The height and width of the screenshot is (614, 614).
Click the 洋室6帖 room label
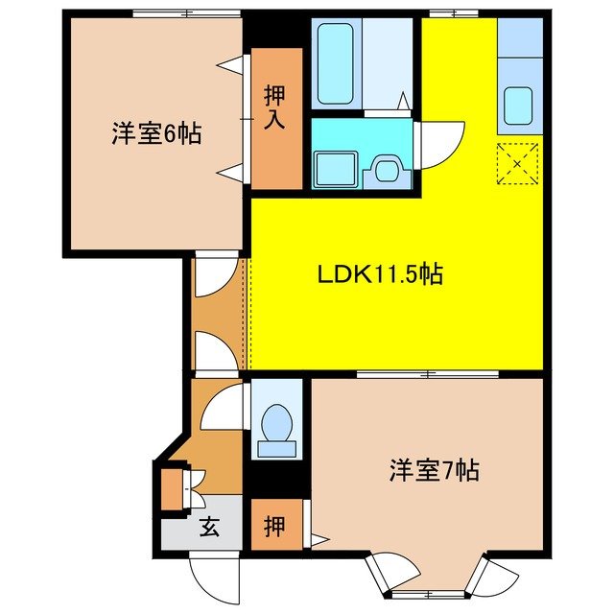click(x=155, y=134)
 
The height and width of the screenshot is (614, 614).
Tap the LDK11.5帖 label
click(x=380, y=275)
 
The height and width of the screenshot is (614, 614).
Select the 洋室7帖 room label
click(x=434, y=470)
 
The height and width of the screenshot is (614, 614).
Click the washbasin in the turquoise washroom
click(x=388, y=170)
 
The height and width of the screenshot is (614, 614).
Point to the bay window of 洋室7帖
click(x=441, y=580)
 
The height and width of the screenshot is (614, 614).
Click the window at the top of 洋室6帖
click(x=186, y=12)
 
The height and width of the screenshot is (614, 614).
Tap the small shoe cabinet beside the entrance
click(x=171, y=488)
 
